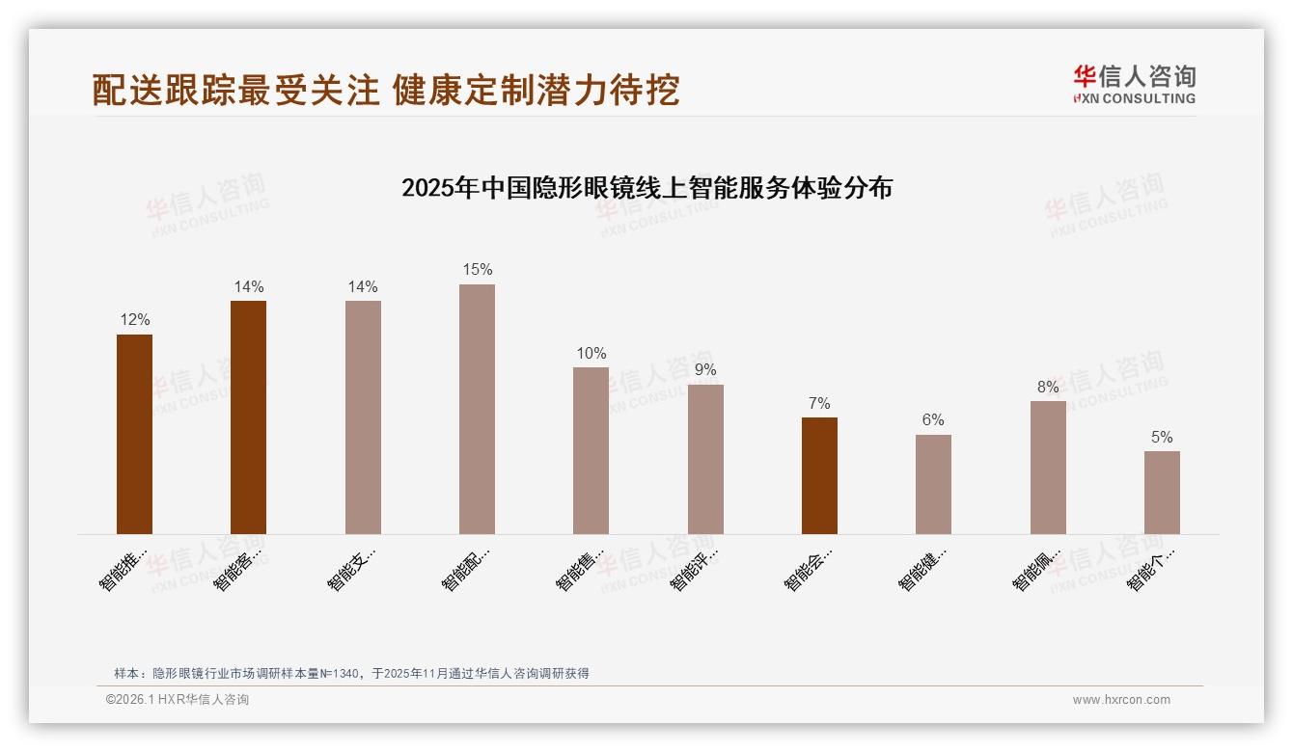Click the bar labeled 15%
(477, 409)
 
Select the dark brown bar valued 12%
(134, 434)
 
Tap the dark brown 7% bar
(819, 475)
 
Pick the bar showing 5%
(1162, 493)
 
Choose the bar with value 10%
(591, 450)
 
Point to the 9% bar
(705, 459)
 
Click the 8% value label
(1048, 388)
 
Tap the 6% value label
(933, 420)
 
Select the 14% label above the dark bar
(248, 287)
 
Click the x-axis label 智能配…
(466, 570)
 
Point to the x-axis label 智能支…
(351, 570)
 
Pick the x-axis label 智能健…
(922, 570)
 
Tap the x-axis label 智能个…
(1151, 570)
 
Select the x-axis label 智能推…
(124, 570)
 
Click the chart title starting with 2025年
(646, 188)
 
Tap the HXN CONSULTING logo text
(1135, 98)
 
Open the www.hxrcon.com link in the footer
(1121, 700)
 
